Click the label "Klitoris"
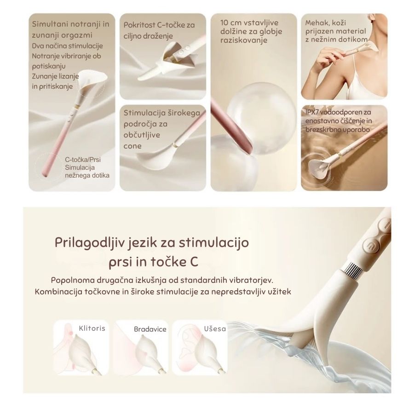pyautogui.click(x=92, y=328)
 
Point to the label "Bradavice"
pyautogui.click(x=150, y=329)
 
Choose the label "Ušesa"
pyautogui.click(x=215, y=329)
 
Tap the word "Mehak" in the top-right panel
pyautogui.click(x=316, y=23)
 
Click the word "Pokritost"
pyautogui.click(x=139, y=25)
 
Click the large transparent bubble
pyautogui.click(x=261, y=116)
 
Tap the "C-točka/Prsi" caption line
pyautogui.click(x=83, y=160)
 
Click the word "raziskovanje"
pyautogui.click(x=244, y=40)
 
